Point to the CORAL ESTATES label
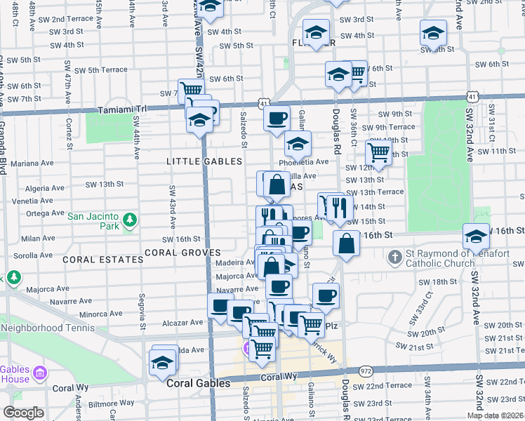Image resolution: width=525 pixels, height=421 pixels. click(102, 260)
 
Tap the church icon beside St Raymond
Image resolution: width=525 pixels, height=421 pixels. click(394, 259)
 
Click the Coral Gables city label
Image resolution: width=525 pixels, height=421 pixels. click(198, 384)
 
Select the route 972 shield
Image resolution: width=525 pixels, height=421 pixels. click(366, 369)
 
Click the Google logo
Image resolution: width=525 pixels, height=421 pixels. click(22, 413)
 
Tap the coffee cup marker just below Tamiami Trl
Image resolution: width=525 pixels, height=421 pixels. click(277, 117)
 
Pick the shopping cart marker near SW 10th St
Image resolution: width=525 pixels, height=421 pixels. click(378, 152)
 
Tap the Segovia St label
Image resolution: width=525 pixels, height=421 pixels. click(142, 311)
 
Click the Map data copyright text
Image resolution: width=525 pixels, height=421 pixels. click(495, 415)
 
